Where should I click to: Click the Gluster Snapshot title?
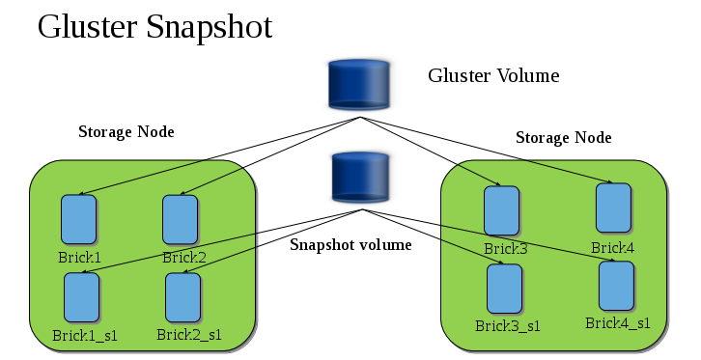click(154, 26)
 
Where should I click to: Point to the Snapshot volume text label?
click(350, 244)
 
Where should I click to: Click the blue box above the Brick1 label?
click(79, 220)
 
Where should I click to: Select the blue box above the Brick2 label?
click(180, 220)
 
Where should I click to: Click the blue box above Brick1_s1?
click(82, 297)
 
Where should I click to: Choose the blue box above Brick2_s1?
click(182, 297)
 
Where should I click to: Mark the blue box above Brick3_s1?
click(504, 288)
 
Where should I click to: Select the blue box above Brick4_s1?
click(616, 285)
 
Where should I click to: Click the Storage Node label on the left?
click(126, 131)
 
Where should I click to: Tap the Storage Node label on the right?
click(563, 137)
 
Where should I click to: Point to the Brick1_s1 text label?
click(85, 336)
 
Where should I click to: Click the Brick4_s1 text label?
click(617, 322)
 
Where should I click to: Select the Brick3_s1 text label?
click(507, 325)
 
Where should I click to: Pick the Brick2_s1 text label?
click(188, 335)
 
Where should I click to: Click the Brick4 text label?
click(613, 247)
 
